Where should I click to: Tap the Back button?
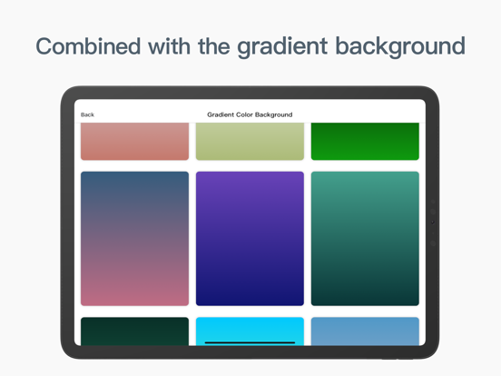[87, 115]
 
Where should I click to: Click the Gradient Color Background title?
[250, 115]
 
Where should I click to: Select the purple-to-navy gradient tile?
[250, 238]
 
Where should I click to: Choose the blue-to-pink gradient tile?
[134, 238]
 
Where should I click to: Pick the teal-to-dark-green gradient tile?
[365, 238]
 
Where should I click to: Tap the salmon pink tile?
[134, 142]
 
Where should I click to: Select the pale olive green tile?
[250, 142]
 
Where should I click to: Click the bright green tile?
[365, 142]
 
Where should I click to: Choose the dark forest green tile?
[134, 331]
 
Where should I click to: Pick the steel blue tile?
[365, 331]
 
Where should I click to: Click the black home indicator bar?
[250, 342]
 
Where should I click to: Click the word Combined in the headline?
[89, 46]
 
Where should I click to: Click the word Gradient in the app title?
[221, 115]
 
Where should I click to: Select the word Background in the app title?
[274, 115]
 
